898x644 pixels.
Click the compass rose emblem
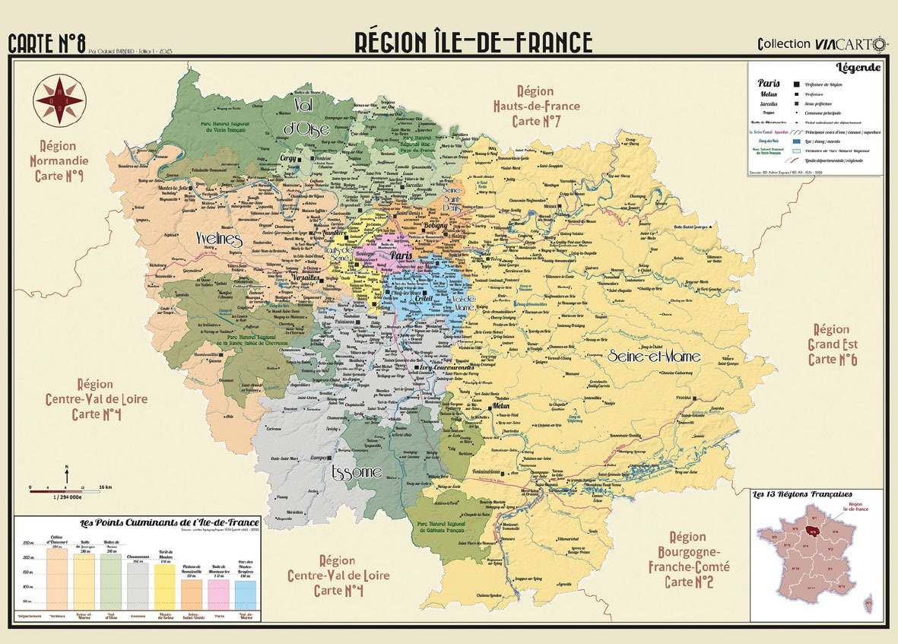tap(59, 100)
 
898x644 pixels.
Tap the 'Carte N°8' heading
tap(46, 43)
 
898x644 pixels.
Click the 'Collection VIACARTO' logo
tap(822, 43)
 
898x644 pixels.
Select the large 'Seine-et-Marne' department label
tap(654, 355)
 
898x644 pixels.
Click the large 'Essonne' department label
tap(356, 473)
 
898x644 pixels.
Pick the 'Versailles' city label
tap(306, 278)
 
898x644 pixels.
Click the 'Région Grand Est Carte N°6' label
tap(831, 344)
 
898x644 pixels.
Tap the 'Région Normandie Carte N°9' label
tap(59, 160)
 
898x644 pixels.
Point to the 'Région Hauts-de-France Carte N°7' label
tap(535, 106)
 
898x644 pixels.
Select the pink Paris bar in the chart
tap(217, 595)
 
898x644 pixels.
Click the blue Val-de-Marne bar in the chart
tap(246, 595)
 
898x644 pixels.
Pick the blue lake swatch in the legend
tap(797, 141)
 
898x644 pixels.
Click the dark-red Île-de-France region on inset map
tap(813, 532)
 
